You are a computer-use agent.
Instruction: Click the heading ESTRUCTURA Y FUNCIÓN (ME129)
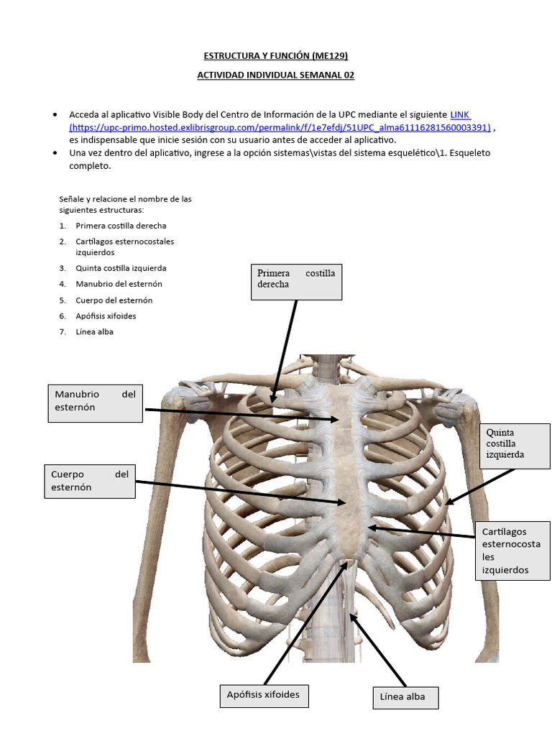(x=276, y=55)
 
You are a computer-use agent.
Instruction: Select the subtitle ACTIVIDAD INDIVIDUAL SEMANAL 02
(x=276, y=75)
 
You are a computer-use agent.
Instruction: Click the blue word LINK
(x=460, y=115)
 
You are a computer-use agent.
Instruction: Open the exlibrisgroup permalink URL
(x=280, y=127)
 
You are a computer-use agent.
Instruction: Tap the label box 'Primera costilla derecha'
(x=296, y=281)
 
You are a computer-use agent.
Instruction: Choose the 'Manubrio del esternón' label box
(x=95, y=401)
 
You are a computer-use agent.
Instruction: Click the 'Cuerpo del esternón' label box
(x=90, y=482)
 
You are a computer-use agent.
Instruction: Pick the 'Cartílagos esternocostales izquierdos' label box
(x=511, y=551)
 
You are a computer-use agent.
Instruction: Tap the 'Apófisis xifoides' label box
(x=263, y=696)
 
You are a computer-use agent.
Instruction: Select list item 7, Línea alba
(x=94, y=332)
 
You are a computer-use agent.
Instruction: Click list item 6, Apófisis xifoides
(x=106, y=316)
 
